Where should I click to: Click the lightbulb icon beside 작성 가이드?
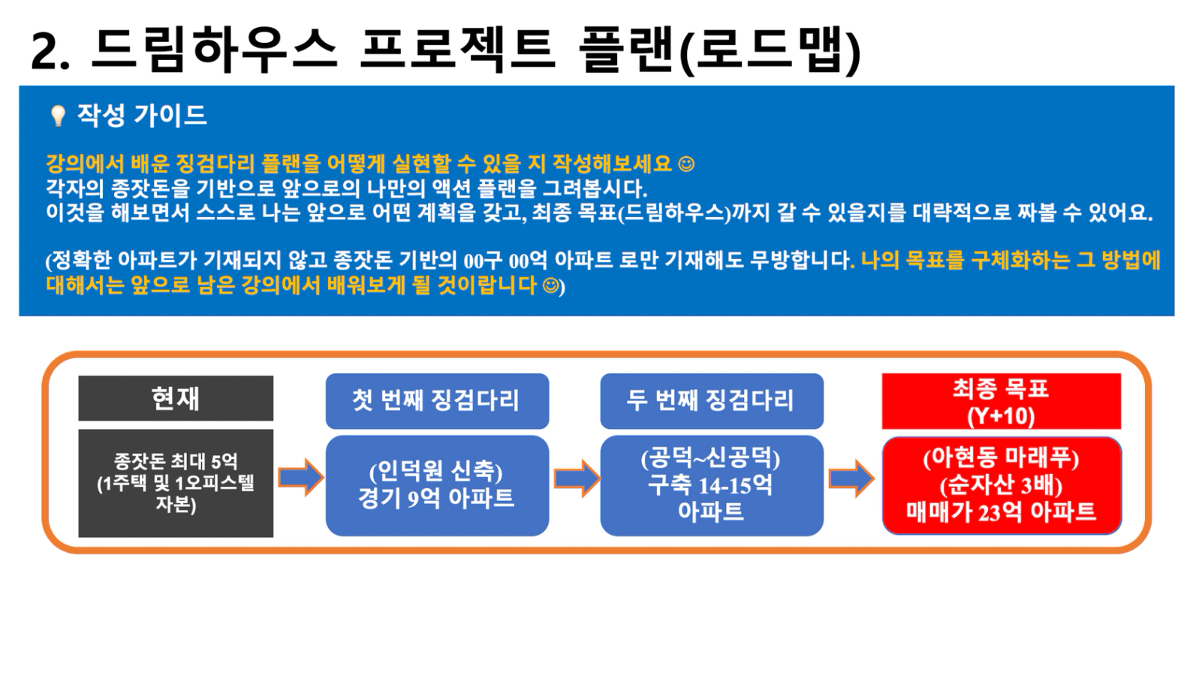click(57, 116)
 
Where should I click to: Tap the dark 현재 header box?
click(176, 398)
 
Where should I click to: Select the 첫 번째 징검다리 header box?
click(437, 401)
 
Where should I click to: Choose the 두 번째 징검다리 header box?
click(712, 401)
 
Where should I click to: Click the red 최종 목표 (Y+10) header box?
click(1002, 401)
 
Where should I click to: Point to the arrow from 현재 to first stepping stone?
click(301, 477)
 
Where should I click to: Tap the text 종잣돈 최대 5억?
click(176, 461)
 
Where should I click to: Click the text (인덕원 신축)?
click(435, 472)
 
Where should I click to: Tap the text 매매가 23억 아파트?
click(1002, 512)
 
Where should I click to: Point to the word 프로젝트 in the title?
click(457, 48)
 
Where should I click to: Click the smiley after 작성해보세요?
click(686, 164)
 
